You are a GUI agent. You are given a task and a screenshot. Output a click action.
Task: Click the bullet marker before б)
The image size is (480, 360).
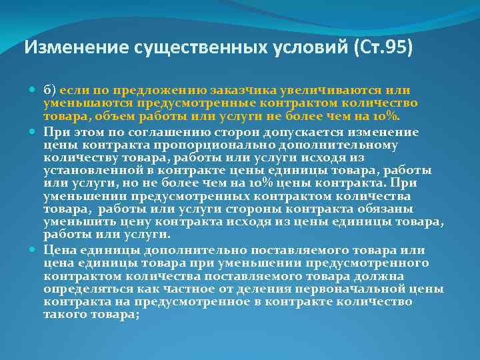[x=33, y=90]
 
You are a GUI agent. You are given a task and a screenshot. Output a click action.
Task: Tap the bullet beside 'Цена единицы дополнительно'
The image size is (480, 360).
[x=33, y=250]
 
